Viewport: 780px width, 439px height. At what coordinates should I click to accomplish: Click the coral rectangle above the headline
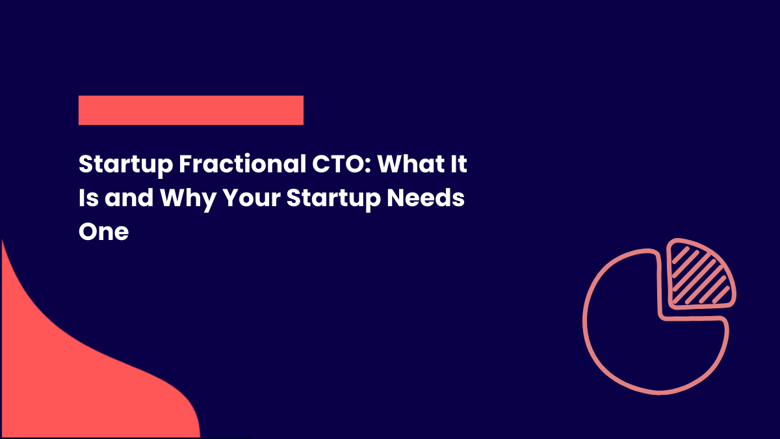point(190,110)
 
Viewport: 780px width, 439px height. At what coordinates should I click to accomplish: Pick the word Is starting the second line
point(88,198)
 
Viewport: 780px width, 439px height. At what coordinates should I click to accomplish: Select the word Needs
point(426,198)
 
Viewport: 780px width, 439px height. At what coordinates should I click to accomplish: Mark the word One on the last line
point(103,231)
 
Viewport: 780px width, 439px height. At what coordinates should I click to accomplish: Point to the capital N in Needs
point(396,198)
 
